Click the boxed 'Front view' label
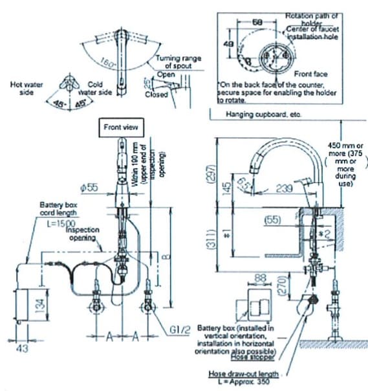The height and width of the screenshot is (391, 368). pos(121,128)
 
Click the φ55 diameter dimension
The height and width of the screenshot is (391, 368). pos(89,188)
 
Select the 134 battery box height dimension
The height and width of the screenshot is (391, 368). pos(39,305)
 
